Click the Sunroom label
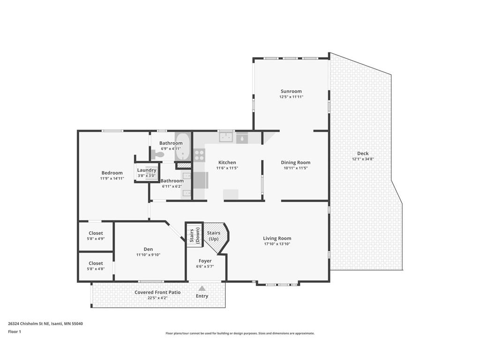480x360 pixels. tap(291, 91)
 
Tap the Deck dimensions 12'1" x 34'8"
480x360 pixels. tap(362, 159)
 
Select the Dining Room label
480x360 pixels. tap(295, 163)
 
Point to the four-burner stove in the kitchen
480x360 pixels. tap(199, 155)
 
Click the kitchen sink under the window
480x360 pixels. tap(226, 137)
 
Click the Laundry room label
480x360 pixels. tap(146, 170)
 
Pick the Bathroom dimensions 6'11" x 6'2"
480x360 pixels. tap(172, 187)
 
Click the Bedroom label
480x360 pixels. tap(112, 173)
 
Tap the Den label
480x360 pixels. tap(148, 249)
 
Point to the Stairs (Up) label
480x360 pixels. tap(213, 236)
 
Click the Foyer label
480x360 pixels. tap(205, 261)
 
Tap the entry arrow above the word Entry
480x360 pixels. tap(202, 288)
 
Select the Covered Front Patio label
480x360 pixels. tap(157, 292)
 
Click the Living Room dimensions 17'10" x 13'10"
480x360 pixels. tap(277, 244)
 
